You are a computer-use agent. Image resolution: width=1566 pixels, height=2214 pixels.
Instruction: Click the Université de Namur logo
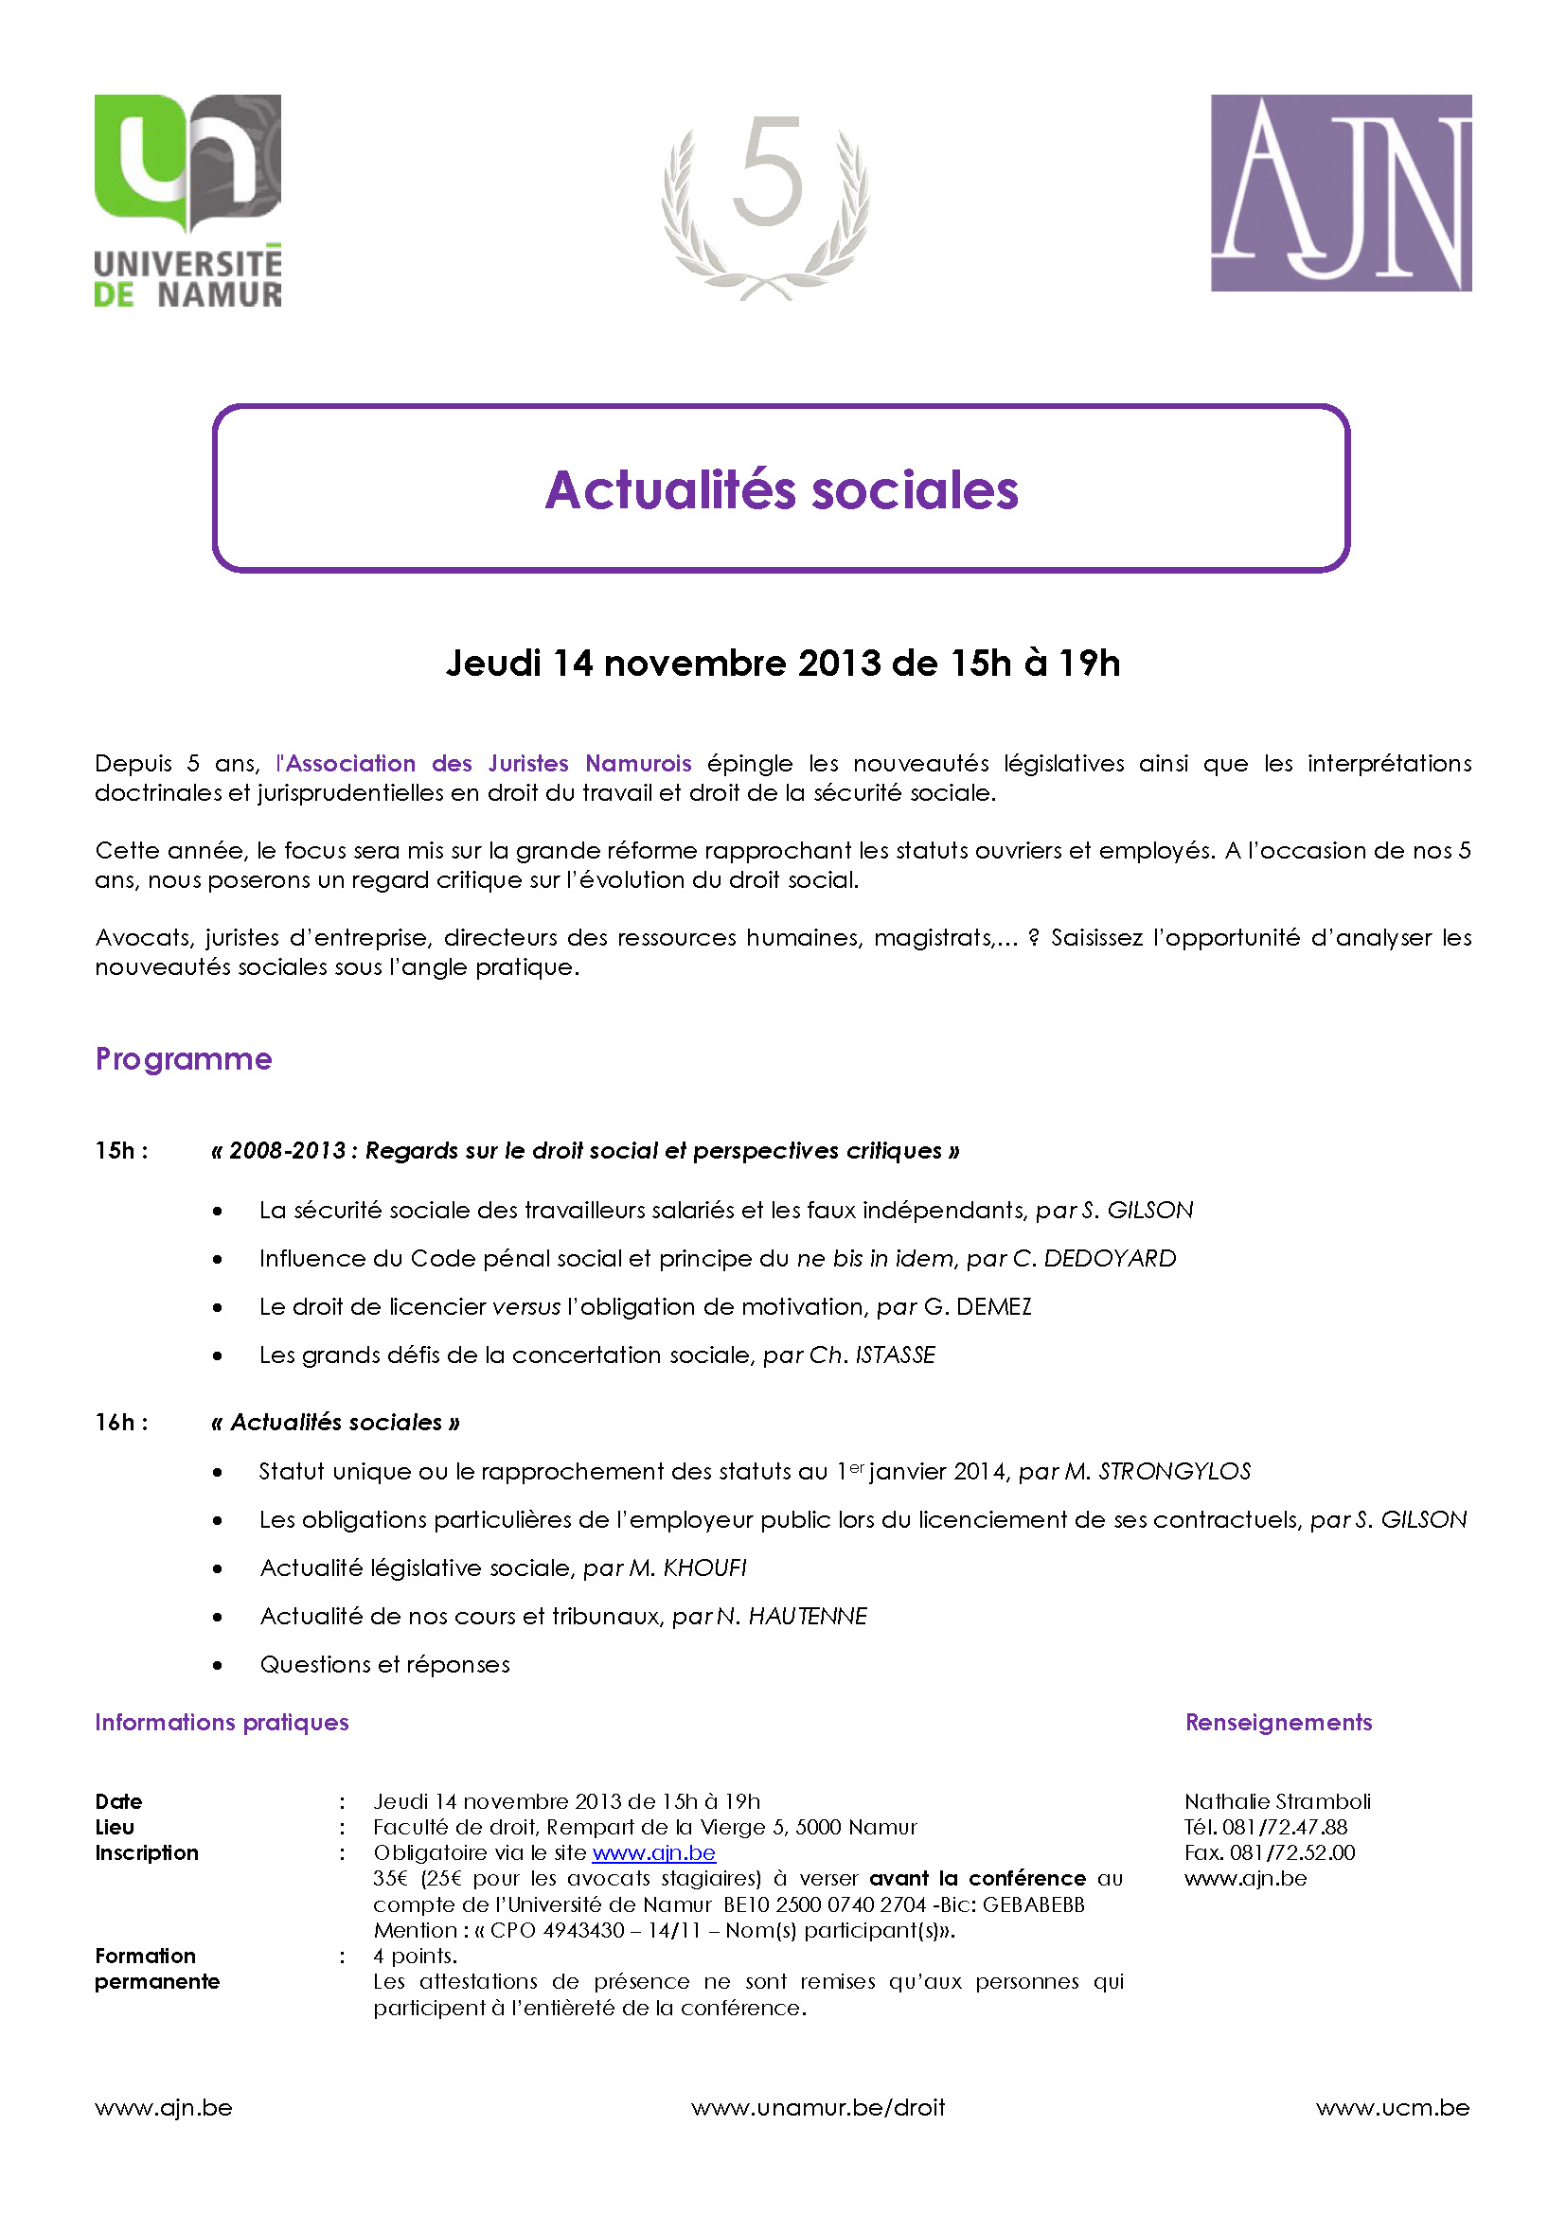coord(188,201)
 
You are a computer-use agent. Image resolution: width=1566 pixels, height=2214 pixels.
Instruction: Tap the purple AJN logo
coord(1341,193)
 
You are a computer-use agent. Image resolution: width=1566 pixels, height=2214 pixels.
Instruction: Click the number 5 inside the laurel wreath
coord(768,171)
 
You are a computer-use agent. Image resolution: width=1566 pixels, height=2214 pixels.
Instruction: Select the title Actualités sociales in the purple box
coord(781,490)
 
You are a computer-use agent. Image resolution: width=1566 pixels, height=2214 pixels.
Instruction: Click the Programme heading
coord(184,1059)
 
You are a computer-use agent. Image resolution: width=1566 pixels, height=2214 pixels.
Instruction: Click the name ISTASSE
coord(896,1355)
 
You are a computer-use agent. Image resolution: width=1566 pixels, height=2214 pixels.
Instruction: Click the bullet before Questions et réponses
coord(218,1665)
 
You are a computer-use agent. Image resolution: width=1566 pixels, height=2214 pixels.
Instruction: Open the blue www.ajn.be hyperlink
coord(654,1853)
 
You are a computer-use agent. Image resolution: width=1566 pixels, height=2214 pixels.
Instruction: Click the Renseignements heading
coord(1277,1722)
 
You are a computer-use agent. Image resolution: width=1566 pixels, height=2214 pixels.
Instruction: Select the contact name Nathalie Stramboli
coord(1276,1801)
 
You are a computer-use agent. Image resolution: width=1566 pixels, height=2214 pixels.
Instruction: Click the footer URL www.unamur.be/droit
coord(818,2108)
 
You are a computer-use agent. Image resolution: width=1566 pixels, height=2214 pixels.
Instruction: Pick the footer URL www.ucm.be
coord(1393,2108)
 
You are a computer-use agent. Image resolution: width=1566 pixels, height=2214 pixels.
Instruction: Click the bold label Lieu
coord(115,1827)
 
